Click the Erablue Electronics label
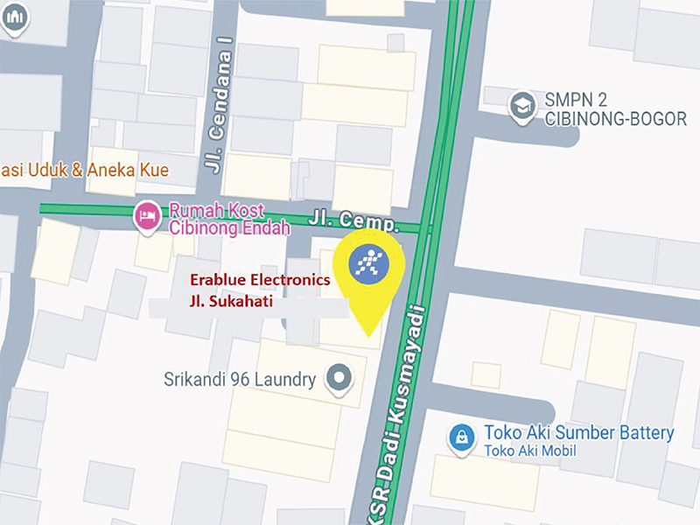click(x=261, y=281)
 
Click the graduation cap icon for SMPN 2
click(x=522, y=105)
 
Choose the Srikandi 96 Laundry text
click(x=239, y=380)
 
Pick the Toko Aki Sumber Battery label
click(x=578, y=433)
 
